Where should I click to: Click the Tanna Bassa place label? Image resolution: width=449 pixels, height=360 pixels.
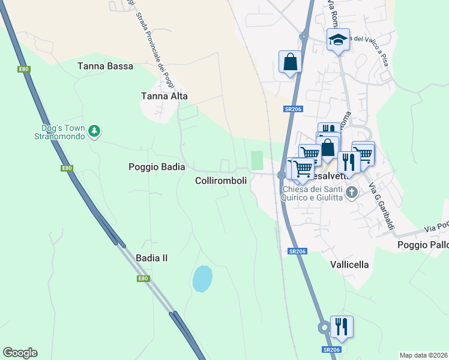[x=105, y=66]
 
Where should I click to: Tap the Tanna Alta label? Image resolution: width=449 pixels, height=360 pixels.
[x=164, y=96]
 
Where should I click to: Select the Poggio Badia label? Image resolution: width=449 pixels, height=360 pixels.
[x=157, y=167]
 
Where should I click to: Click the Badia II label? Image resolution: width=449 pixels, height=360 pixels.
[x=151, y=258]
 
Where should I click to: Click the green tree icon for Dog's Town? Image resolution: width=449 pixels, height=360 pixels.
[x=94, y=130]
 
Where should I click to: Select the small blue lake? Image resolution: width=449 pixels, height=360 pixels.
[x=202, y=278]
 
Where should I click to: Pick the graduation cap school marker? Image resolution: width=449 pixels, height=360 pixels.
[x=338, y=40]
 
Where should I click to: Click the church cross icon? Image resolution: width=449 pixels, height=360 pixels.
[x=352, y=193]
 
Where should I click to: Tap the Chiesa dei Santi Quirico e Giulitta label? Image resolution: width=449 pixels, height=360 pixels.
[x=313, y=193]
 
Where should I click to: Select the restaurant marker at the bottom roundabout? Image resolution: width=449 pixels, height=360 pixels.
[x=341, y=326]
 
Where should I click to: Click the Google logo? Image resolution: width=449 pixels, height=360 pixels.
[x=20, y=353]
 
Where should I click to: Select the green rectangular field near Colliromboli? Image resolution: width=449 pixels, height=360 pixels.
[x=257, y=160]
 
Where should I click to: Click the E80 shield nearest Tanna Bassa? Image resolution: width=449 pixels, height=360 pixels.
[x=24, y=70]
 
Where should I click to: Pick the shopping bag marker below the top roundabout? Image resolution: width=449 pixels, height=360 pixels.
[x=290, y=62]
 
